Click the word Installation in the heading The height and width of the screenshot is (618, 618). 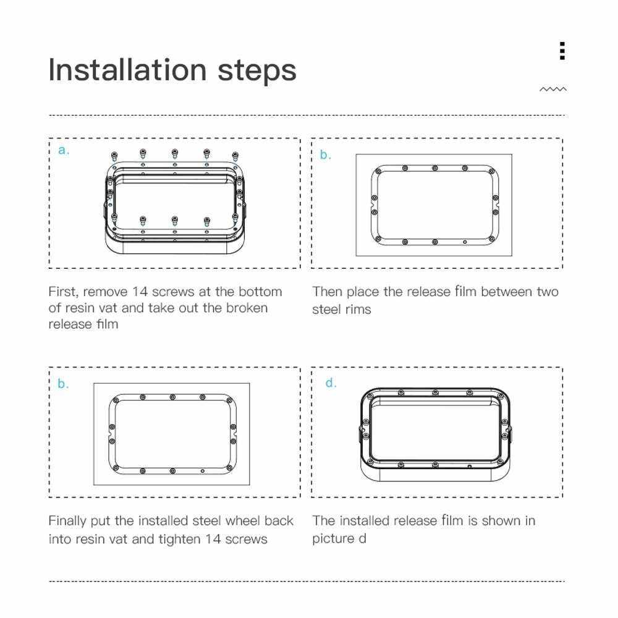coord(127,70)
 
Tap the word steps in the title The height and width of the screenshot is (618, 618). coord(256,71)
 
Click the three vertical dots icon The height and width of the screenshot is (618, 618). coord(562,51)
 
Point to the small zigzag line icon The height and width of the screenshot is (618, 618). coord(553,90)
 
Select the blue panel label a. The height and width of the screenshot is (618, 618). coord(64,150)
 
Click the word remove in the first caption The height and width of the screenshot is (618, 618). coord(105,292)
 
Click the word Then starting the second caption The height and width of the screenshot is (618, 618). coord(327,292)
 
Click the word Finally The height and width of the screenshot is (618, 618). coord(67,521)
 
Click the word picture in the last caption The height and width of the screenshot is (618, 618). coord(333,539)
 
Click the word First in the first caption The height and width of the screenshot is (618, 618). coord(62,292)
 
